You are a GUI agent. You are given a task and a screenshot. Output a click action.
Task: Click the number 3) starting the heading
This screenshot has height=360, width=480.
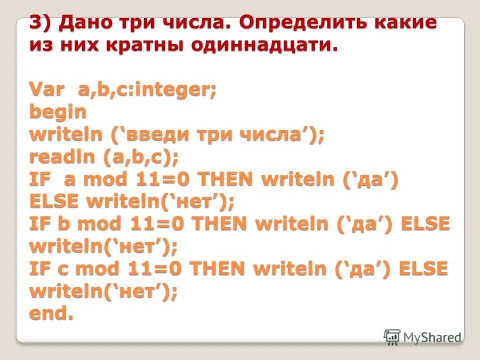pos(41,23)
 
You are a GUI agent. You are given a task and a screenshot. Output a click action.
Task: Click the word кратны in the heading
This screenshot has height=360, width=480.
pos(148,46)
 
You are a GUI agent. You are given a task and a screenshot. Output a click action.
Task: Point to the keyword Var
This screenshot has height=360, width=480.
pos(47,90)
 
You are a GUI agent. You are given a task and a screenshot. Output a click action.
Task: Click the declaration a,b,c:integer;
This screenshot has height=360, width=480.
pos(146,90)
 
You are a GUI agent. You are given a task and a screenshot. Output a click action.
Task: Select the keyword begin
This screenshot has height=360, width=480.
pos(58,112)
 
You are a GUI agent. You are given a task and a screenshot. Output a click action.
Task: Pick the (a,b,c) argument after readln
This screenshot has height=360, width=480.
pos(141,157)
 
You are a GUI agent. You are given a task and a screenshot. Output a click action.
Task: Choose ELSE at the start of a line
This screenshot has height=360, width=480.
pos(54,202)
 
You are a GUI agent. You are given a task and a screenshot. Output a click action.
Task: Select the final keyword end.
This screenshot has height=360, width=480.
pos(51,314)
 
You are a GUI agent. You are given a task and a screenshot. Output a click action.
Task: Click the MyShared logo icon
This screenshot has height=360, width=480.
pos(392,336)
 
